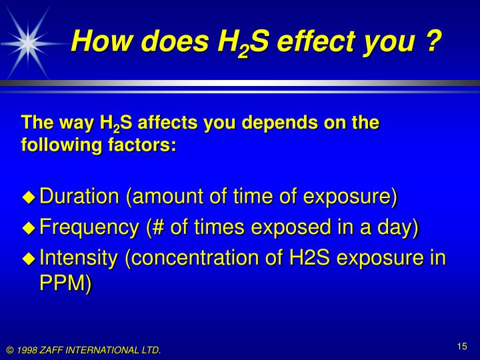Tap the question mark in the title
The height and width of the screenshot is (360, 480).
433,41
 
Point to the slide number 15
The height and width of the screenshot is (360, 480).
462,345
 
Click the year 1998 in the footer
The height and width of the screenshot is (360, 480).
27,350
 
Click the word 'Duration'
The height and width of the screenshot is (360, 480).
80,197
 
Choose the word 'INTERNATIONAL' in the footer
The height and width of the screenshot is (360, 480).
104,350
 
